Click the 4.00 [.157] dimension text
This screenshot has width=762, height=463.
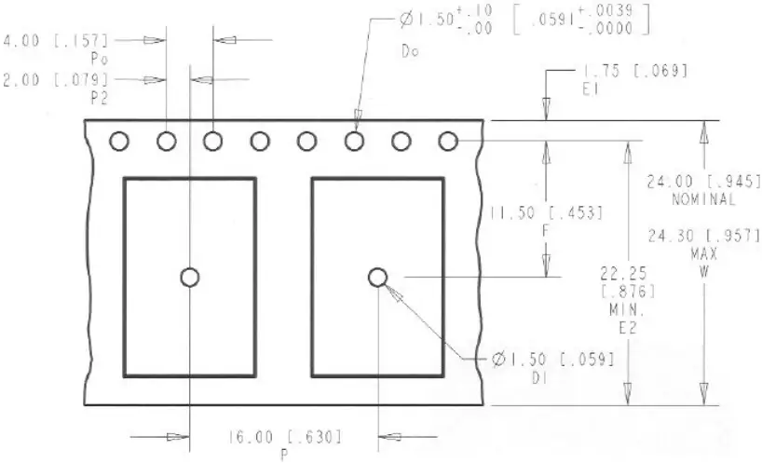point(57,40)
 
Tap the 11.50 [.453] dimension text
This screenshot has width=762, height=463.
point(546,213)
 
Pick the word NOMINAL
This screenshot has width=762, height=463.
point(703,199)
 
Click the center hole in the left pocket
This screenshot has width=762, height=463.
point(190,278)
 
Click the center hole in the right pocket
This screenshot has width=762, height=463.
point(377,278)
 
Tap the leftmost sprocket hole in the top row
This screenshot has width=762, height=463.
point(118,142)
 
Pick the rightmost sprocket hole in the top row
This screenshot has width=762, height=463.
point(448,142)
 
